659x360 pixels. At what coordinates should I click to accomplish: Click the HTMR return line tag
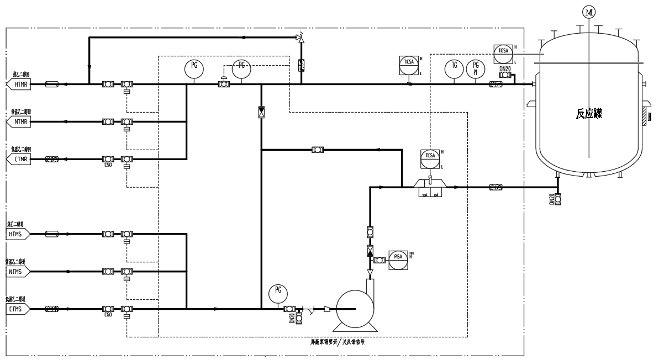pyautogui.click(x=19, y=84)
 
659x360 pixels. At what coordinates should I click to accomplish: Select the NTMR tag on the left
pyautogui.click(x=19, y=121)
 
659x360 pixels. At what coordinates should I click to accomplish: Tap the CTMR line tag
pyautogui.click(x=19, y=159)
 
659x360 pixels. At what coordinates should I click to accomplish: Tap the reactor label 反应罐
pyautogui.click(x=589, y=115)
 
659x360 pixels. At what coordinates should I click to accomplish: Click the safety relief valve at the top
pyautogui.click(x=300, y=38)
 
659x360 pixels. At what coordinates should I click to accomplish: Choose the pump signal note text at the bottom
pyautogui.click(x=338, y=342)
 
